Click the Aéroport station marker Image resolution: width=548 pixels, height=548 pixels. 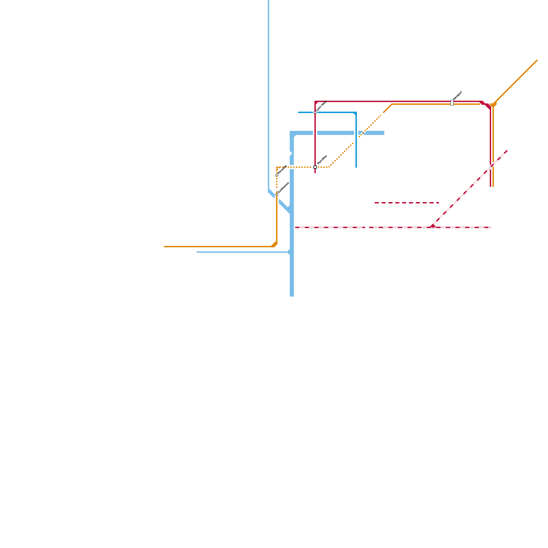(x=452, y=103)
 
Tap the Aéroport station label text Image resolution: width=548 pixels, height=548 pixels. (x=458, y=96)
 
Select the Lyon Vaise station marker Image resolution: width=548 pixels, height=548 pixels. (x=315, y=112)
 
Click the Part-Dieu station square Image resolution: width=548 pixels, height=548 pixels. (x=315, y=167)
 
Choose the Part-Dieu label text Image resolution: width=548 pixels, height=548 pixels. (x=322, y=160)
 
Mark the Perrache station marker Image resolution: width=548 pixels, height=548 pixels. (x=277, y=175)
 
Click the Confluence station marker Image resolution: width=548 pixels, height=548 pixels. (x=277, y=195)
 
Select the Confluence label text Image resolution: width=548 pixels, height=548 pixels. (x=284, y=188)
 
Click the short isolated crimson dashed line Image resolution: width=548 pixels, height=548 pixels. (x=407, y=203)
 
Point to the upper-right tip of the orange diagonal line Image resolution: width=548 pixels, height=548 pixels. (x=537, y=61)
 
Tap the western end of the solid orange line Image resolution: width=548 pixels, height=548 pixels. (x=164, y=247)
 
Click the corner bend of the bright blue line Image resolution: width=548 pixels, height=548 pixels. (x=356, y=113)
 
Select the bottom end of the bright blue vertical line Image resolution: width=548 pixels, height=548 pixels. (x=356, y=167)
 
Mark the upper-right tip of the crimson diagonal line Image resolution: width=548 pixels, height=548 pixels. (x=507, y=151)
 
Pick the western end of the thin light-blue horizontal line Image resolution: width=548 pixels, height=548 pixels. (x=197, y=252)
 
